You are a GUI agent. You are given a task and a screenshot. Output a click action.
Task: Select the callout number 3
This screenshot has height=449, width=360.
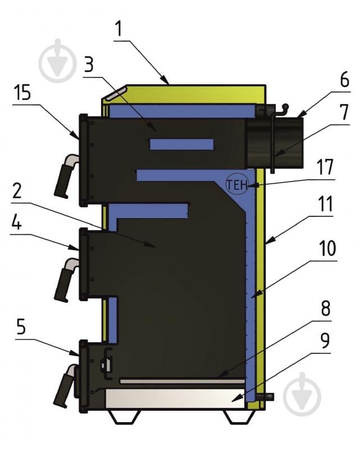coord(89,65)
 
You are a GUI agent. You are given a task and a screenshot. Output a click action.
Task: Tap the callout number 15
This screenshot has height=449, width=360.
coord(22,93)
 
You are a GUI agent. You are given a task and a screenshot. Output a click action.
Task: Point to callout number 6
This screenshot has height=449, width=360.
coord(344,79)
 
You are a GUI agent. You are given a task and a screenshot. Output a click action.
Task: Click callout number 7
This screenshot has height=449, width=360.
coord(344,112)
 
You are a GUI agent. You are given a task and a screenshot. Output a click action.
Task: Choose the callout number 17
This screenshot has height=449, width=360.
coord(326,167)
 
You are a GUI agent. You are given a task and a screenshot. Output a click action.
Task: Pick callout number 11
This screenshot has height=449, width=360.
coord(326,204)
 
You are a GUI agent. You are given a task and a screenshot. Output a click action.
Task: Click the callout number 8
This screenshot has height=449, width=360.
coord(326,308)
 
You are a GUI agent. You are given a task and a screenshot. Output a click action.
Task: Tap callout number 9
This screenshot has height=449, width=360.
coord(325,341)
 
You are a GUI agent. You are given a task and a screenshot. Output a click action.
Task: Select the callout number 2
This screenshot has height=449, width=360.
coord(17,191)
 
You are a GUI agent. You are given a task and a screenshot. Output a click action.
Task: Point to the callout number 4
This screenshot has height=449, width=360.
coord(16,221)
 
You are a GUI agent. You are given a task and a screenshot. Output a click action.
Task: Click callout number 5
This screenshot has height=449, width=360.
coord(21,327)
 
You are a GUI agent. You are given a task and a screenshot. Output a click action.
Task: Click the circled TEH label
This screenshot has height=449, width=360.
coord(237,185)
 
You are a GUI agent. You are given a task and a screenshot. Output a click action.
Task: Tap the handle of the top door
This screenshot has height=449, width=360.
coord(66,176)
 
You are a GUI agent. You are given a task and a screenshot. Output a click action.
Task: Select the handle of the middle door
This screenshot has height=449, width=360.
coord(66,280)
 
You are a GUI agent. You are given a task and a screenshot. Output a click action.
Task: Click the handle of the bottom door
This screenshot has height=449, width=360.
coord(66,386)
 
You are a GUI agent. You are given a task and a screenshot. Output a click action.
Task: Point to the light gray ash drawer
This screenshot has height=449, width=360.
coord(175,398)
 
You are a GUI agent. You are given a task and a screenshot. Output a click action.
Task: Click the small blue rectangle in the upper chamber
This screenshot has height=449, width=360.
coord(182,144)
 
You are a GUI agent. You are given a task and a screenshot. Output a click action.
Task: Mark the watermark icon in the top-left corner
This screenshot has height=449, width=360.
coord(57,61)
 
